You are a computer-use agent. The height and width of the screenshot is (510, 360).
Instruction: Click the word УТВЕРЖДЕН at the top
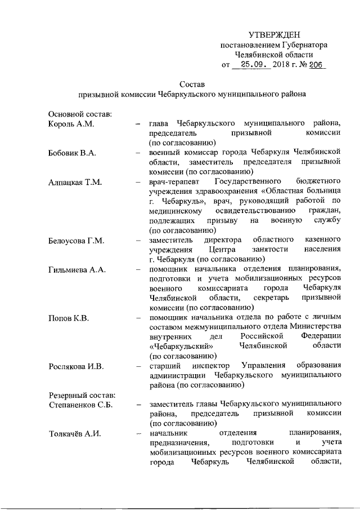click(274, 35)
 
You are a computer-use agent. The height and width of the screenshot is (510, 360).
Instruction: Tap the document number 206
click(316, 65)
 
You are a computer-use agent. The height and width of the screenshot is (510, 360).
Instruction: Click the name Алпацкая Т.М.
click(75, 183)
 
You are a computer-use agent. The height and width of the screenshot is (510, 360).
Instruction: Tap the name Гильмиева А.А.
click(77, 270)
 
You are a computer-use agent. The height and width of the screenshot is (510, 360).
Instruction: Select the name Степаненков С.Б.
click(81, 404)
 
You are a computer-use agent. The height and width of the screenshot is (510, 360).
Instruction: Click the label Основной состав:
click(79, 113)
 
